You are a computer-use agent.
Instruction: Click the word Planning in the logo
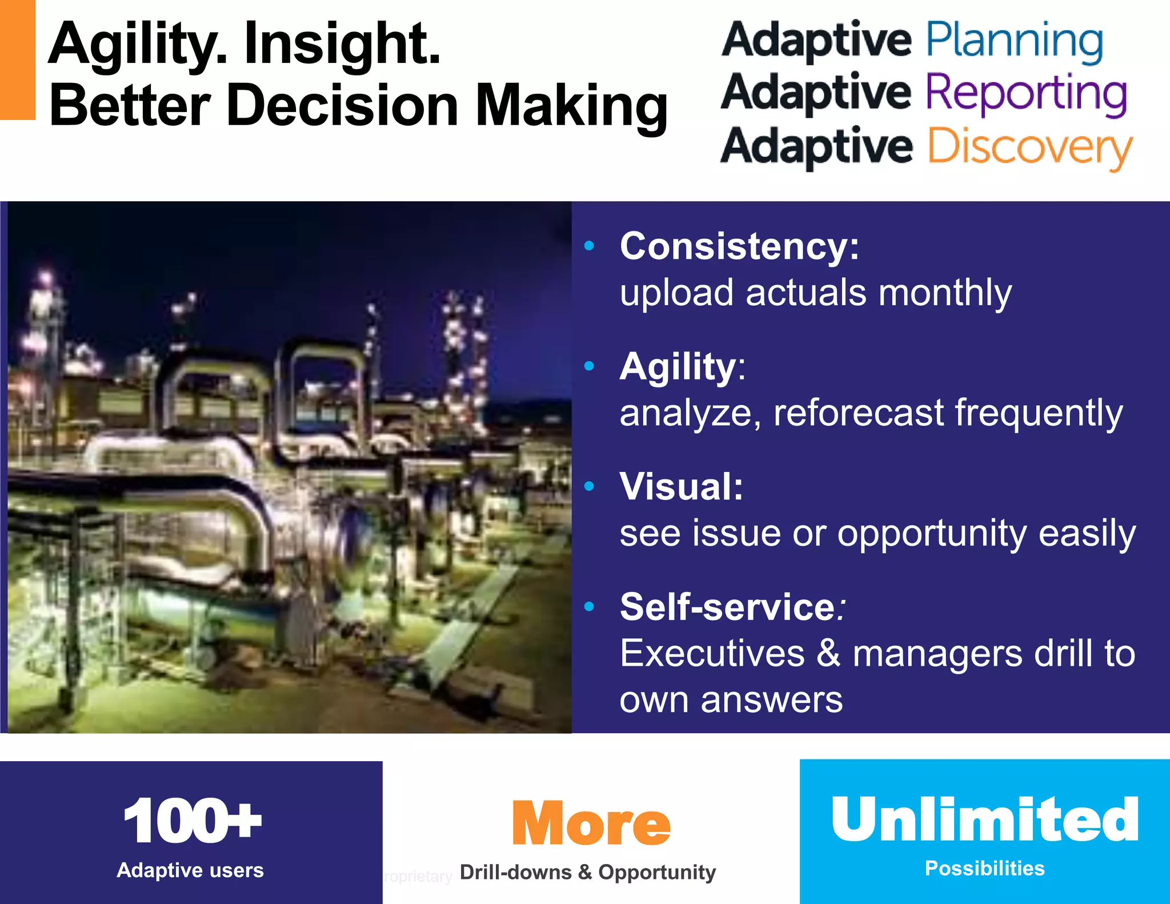(1014, 41)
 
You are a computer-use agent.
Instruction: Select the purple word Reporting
(1026, 94)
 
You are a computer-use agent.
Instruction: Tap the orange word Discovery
(1029, 147)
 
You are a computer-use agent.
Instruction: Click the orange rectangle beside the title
(17, 59)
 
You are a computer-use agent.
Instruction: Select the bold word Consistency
(739, 247)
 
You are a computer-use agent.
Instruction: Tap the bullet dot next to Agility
(590, 366)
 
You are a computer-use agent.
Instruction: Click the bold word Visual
(681, 487)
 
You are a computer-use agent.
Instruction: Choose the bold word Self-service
(728, 607)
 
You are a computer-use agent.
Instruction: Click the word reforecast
(859, 413)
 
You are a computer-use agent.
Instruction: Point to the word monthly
(945, 293)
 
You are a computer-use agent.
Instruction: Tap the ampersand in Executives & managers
(828, 654)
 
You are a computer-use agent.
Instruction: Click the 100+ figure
(192, 821)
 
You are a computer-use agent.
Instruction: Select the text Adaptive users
(190, 870)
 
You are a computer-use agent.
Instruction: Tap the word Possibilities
(984, 869)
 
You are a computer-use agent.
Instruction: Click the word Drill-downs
(515, 873)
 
